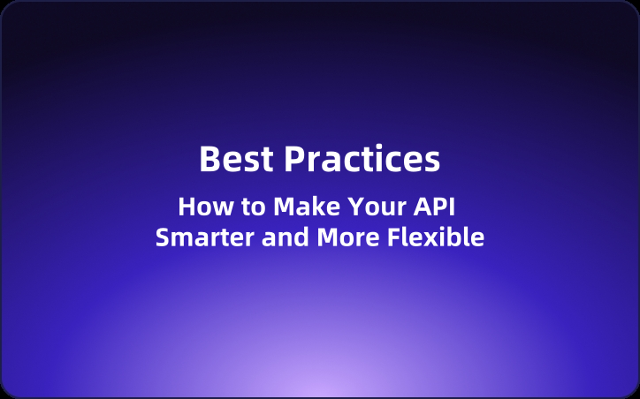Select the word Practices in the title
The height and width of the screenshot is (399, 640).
[x=362, y=160]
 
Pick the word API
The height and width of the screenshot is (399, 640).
[x=438, y=207]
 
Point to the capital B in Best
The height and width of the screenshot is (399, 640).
[x=209, y=160]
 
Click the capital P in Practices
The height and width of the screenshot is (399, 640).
[x=294, y=160]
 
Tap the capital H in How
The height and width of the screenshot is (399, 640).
[x=187, y=207]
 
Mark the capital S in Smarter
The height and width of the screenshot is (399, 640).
[x=163, y=237]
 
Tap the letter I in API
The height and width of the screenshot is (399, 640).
[x=461, y=207]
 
